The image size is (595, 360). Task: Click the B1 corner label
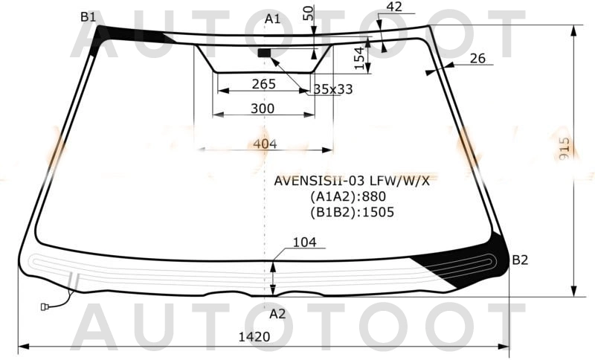click(89, 17)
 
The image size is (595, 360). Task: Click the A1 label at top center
click(272, 19)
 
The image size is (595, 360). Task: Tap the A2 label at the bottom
click(277, 314)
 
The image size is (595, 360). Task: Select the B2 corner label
click(519, 260)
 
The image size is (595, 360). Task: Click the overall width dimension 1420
click(254, 337)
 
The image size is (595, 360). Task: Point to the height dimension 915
click(565, 152)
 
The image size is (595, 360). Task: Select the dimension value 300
click(262, 109)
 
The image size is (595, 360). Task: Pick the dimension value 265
click(263, 84)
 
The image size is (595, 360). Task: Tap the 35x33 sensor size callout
click(332, 89)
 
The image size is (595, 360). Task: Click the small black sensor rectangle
click(264, 53)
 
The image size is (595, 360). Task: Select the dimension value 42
click(394, 7)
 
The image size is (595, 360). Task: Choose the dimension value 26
click(477, 59)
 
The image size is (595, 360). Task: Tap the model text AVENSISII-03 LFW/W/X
click(352, 181)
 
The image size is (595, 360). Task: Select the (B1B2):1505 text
click(352, 211)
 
